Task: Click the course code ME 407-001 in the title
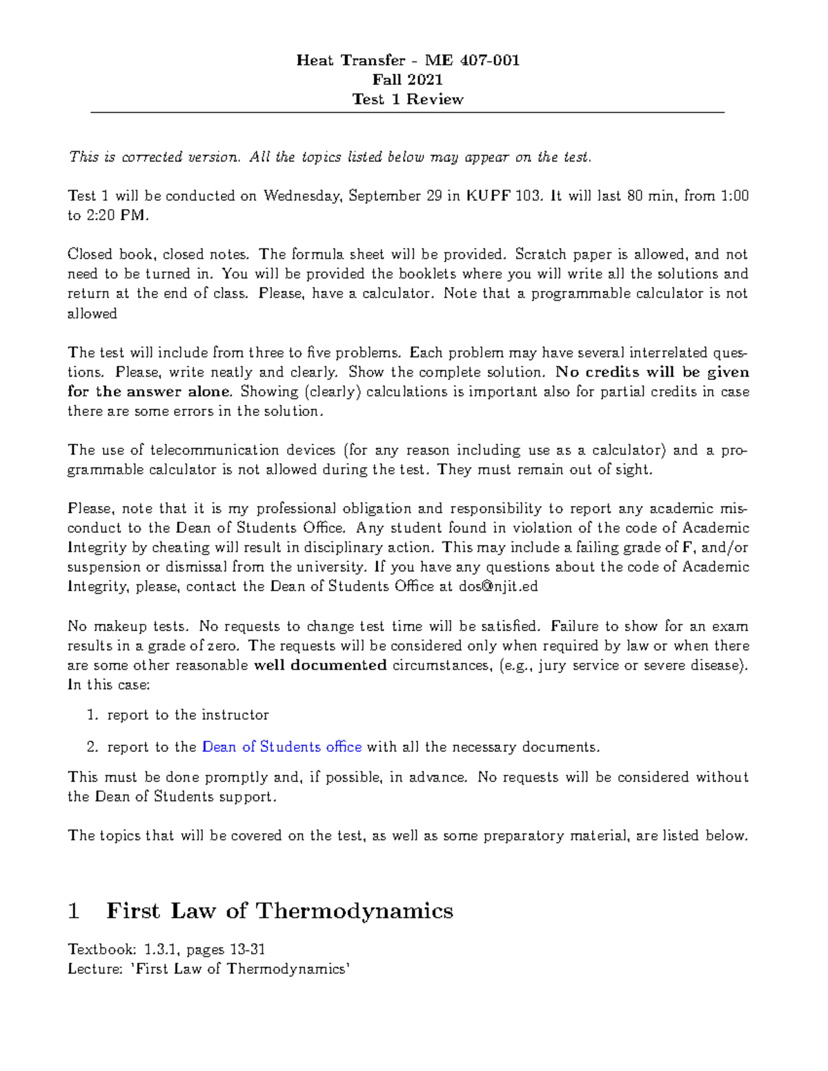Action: coord(472,60)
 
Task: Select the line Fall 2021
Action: coord(407,79)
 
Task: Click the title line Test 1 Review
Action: coord(407,99)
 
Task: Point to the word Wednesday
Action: coord(302,196)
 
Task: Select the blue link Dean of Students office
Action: coord(282,747)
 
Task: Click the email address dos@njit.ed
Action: coord(497,587)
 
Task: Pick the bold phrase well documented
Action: coord(320,665)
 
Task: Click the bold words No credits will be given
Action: coord(652,372)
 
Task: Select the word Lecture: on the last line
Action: coord(95,969)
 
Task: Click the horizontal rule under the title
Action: coord(407,112)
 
